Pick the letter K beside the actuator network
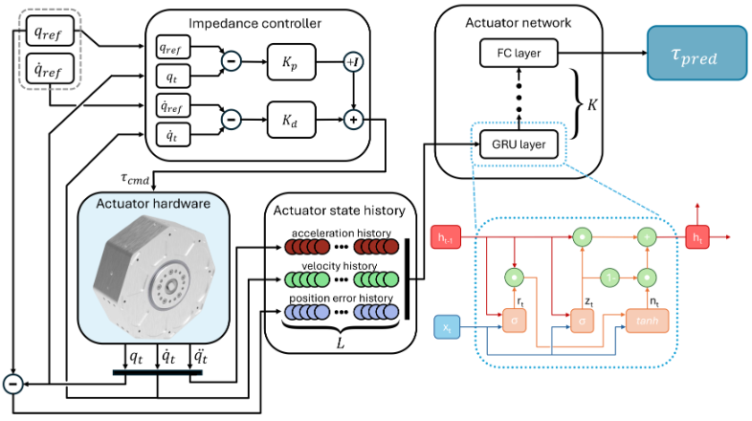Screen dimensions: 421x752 pyautogui.click(x=591, y=101)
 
